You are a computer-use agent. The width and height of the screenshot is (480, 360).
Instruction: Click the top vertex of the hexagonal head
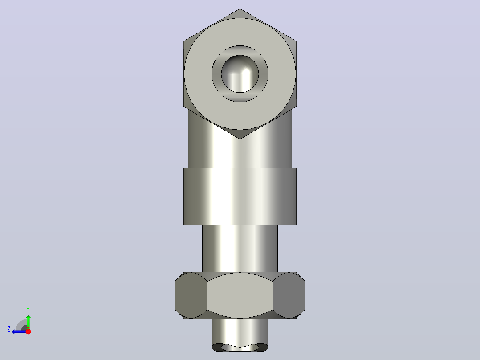pos(240,8)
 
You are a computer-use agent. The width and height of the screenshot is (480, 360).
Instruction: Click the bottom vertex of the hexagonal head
pos(240,139)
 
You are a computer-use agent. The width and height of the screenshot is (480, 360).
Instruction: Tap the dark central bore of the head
pos(240,74)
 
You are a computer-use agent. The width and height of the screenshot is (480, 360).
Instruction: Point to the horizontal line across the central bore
pos(240,74)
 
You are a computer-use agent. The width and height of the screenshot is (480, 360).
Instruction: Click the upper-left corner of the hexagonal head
pos(183,41)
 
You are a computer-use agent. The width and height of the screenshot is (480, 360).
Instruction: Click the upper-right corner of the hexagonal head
pos(297,41)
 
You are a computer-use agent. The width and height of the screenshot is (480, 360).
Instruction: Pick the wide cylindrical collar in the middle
pos(240,196)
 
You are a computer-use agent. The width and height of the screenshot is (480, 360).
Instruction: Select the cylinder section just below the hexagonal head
pos(240,150)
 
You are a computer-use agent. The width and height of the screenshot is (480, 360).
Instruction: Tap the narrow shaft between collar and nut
pos(240,249)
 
